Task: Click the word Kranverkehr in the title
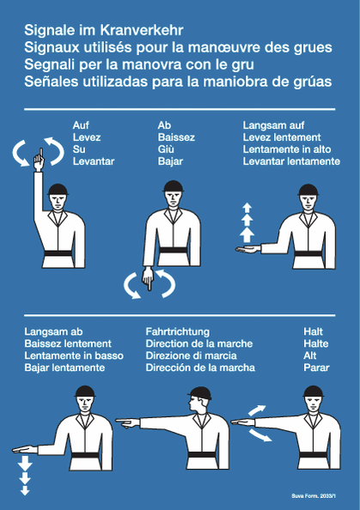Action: tap(142, 30)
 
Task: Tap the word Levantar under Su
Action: tap(94, 161)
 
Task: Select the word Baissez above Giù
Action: tap(176, 137)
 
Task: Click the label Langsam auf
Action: tap(273, 125)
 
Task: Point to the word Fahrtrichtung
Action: tap(178, 331)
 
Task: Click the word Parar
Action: tap(316, 367)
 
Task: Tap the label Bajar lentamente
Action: tap(64, 367)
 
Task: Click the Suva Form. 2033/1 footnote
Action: tap(314, 496)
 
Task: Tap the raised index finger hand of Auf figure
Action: tap(39, 160)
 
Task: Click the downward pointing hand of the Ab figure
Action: tap(148, 278)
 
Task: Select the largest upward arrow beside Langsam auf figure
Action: tap(247, 234)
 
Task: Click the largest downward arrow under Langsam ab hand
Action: tap(25, 463)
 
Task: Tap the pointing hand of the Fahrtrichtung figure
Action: tap(128, 422)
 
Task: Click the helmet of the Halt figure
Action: tap(313, 392)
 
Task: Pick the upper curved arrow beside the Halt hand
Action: tap(257, 410)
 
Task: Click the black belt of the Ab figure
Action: tap(174, 251)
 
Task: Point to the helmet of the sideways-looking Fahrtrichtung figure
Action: tap(200, 393)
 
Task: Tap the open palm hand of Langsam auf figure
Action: tap(248, 250)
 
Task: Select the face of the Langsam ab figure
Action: tap(85, 404)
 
